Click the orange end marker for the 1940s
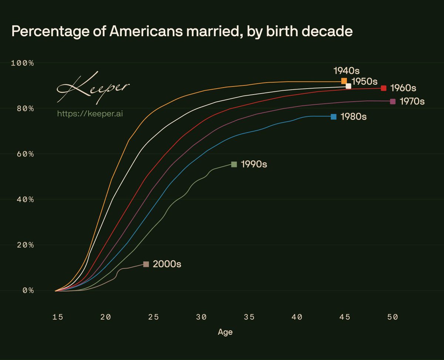344,81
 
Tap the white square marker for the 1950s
348,86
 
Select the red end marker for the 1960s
384,88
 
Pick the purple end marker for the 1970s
393,101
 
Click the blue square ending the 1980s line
333,117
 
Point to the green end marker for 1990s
234,164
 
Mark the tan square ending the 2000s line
146,264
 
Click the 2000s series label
167,264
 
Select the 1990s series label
254,164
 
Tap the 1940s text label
347,70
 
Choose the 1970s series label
412,101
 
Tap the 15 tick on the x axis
57,317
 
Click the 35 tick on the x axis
249,317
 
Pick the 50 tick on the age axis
393,317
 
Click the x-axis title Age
225,332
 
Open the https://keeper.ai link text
90,113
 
